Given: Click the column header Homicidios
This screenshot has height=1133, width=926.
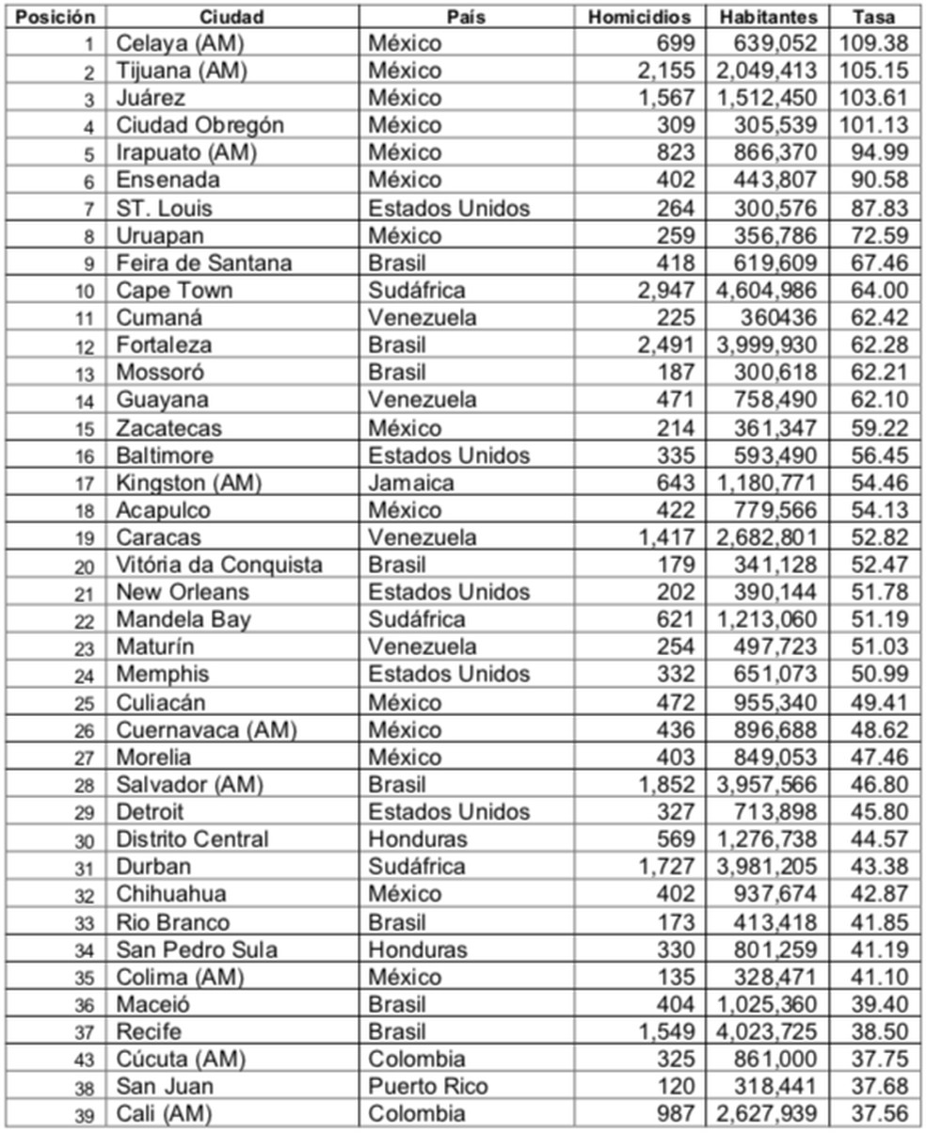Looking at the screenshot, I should tap(639, 17).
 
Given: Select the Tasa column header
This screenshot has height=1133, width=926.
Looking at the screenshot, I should tap(873, 17).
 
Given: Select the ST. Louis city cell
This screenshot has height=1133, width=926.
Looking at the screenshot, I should tap(165, 208).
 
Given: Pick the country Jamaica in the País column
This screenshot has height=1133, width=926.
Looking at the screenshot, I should tap(411, 483).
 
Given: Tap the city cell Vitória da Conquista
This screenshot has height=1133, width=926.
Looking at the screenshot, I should tap(219, 565).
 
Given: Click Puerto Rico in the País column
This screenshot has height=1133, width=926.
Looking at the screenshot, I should tap(428, 1087).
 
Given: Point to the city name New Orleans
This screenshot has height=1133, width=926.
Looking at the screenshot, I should tap(183, 592).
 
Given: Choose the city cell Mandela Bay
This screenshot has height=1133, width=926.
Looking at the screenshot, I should tap(184, 619).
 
